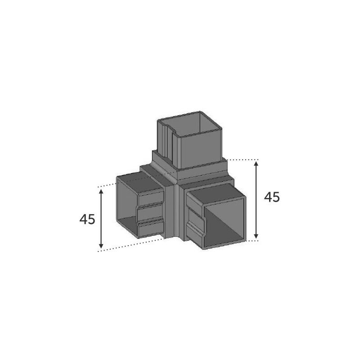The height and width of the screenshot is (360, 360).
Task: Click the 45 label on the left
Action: (x=87, y=219)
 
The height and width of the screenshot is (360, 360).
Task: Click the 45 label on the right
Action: (x=272, y=197)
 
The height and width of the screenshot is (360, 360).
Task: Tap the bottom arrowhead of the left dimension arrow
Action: (x=101, y=245)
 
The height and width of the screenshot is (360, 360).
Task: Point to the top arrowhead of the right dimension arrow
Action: (x=256, y=164)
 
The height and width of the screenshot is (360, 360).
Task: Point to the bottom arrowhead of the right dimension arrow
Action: (x=256, y=235)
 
